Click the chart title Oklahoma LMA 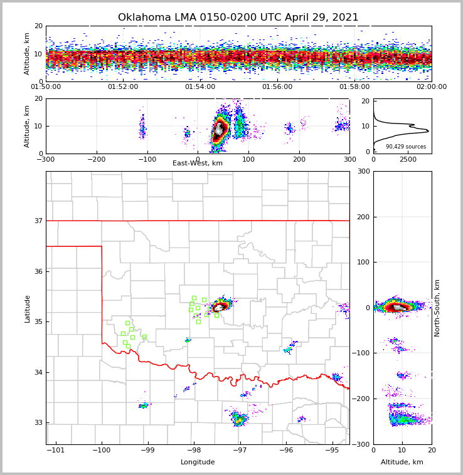(238, 18)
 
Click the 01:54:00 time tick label (200, 87)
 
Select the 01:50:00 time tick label (46, 87)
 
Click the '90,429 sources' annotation (405, 147)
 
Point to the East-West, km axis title (198, 164)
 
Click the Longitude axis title (198, 462)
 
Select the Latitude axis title (28, 308)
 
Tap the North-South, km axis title (438, 308)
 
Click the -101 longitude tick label (56, 450)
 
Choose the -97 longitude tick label (240, 450)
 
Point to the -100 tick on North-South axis (362, 353)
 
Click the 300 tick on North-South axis (364, 171)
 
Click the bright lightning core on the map (220, 307)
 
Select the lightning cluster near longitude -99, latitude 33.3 (144, 406)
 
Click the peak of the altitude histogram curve (428, 131)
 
